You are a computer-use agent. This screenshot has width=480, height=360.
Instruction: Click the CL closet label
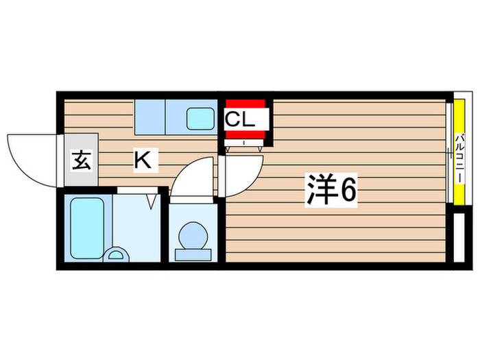coord(241,119)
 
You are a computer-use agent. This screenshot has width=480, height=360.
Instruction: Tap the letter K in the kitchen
coord(143,161)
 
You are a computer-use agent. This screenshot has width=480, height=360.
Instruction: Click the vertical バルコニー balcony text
coord(457,157)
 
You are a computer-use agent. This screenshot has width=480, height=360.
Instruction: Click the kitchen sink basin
coord(200,118)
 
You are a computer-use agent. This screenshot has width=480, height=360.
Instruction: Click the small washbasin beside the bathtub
coord(115,255)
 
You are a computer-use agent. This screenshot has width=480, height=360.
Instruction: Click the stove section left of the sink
coord(149,117)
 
